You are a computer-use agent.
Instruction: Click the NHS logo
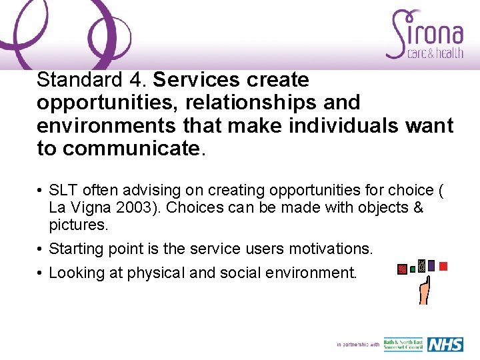tap(445, 344)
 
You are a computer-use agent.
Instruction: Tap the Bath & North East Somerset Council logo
tap(403, 344)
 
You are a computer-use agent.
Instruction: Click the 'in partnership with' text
tap(358, 345)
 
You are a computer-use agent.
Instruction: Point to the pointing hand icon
tap(423, 290)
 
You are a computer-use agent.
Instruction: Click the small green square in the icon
tap(413, 269)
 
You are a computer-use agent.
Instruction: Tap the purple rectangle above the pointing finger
tap(431, 265)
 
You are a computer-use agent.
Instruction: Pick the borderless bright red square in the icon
tap(443, 265)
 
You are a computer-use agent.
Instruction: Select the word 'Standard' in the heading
tap(77, 80)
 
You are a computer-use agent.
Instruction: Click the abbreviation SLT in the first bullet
tap(64, 190)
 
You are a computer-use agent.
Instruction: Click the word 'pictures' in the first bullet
tap(77, 225)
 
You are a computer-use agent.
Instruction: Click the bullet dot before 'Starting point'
tap(41, 249)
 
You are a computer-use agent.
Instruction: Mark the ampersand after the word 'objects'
tap(418, 207)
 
